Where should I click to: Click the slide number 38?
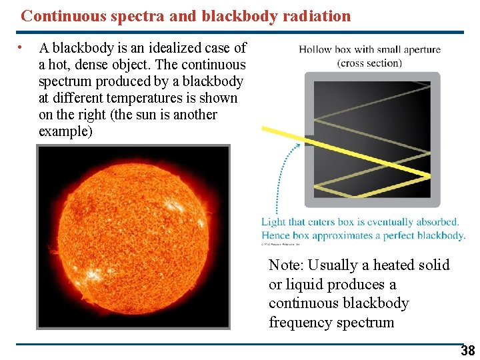click(468, 351)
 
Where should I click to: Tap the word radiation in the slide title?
click(317, 16)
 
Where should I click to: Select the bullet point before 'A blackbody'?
click(21, 48)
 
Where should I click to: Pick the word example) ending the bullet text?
click(65, 131)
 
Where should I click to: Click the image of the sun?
click(133, 237)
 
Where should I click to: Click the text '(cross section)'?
click(369, 63)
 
